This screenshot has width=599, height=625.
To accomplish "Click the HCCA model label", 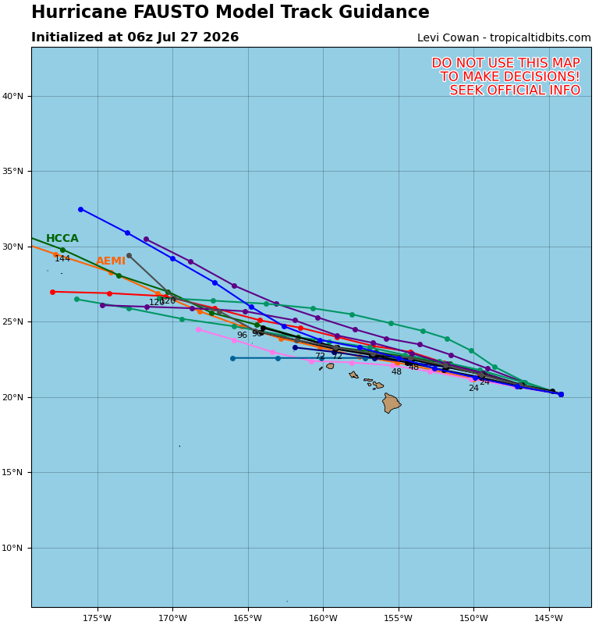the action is point(62,238).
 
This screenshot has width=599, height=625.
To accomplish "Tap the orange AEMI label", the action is point(111,261).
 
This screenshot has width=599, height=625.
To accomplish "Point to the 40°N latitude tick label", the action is point(12,96).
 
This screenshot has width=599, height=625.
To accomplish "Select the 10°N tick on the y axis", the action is point(12,548).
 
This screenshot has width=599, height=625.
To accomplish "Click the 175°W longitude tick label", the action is point(97,618).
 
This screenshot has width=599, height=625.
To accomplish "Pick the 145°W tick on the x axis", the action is point(549,618).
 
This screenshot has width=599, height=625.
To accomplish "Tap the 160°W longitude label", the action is point(323,618).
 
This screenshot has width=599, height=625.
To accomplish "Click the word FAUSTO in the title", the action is point(171,12).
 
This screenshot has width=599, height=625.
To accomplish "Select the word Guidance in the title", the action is point(384,12).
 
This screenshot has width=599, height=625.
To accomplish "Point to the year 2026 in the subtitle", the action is point(221,37).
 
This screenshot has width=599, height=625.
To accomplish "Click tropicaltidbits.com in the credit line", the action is point(540,38).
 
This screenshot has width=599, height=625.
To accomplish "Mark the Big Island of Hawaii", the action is point(391,403).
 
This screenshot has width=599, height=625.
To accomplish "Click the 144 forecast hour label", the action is point(62,259).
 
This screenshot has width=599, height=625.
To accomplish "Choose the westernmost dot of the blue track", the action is point(80,209).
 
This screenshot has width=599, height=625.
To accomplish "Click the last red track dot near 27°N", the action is point(52,292).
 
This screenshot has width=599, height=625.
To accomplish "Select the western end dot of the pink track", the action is point(198,329).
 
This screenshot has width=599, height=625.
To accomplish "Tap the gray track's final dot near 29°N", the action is point(129,255).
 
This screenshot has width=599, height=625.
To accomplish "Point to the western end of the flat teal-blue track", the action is point(232,358).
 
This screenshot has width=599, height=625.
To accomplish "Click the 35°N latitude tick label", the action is point(12,172).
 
